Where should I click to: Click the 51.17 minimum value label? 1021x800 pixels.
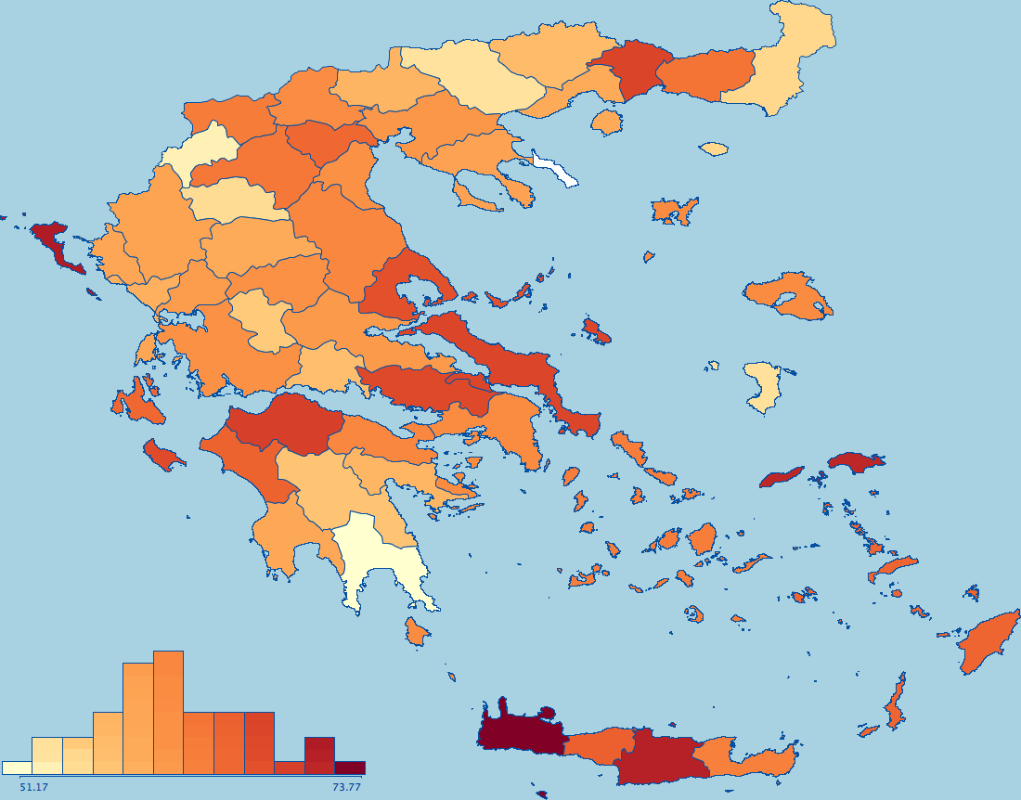[33, 787]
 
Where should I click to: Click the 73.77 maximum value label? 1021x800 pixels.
[345, 787]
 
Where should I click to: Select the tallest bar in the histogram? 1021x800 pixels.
[168, 712]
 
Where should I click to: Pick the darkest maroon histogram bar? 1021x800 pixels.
[350, 768]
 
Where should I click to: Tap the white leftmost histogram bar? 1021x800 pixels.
[17, 768]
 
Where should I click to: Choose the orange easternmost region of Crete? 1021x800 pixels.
[752, 757]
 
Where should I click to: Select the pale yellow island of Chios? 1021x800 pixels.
[764, 386]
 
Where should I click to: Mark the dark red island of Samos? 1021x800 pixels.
[856, 461]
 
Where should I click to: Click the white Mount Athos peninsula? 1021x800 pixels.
[555, 171]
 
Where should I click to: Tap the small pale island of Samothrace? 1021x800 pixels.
[714, 148]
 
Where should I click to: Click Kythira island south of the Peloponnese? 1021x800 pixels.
[417, 632]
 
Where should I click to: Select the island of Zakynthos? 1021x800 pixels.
[163, 455]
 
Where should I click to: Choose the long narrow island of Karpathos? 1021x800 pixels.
[895, 703]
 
